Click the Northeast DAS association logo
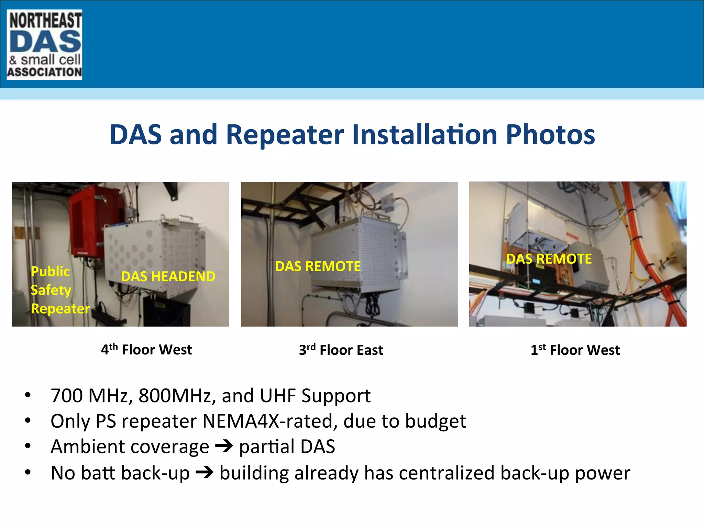pyautogui.click(x=44, y=45)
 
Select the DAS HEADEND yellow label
pyautogui.click(x=168, y=277)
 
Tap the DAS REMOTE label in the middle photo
pyautogui.click(x=318, y=266)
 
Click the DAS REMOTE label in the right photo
pyautogui.click(x=549, y=259)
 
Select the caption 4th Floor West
pyautogui.click(x=146, y=350)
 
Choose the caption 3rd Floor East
pyautogui.click(x=341, y=350)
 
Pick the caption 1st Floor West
pyautogui.click(x=575, y=350)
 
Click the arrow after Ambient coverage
pyautogui.click(x=224, y=447)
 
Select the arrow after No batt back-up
pyautogui.click(x=205, y=473)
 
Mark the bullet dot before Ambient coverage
pyautogui.click(x=28, y=447)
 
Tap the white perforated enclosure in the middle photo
pyautogui.click(x=357, y=254)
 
